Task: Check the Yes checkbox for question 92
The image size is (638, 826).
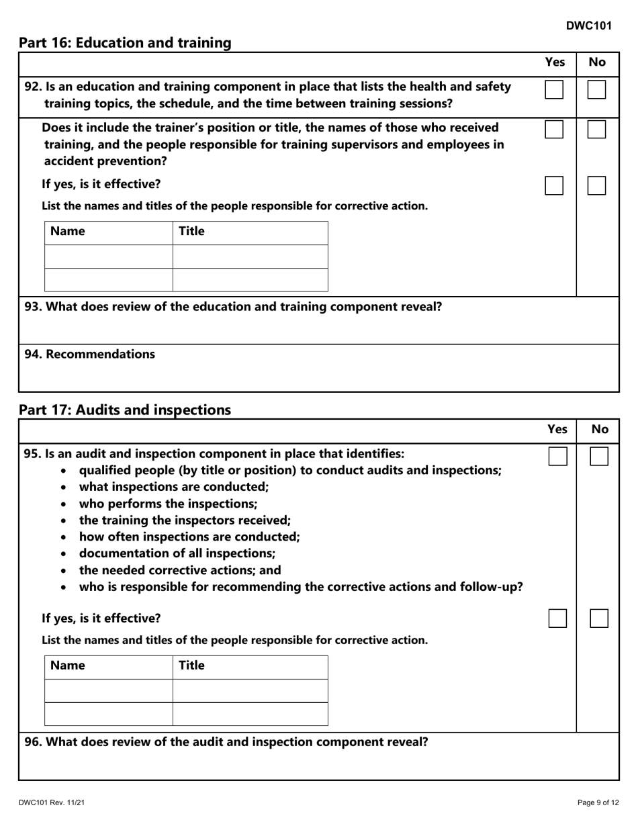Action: (554, 89)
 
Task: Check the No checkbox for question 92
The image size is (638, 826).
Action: (596, 89)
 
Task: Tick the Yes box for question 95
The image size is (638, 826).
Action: (557, 457)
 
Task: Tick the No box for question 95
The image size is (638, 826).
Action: (599, 457)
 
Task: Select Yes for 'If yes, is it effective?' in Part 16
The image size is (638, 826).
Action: (554, 185)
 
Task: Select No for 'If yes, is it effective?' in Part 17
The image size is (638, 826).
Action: (599, 618)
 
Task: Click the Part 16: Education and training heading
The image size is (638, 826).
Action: (125, 43)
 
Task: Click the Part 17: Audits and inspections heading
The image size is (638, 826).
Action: (124, 410)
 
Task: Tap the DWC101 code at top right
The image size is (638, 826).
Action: (588, 26)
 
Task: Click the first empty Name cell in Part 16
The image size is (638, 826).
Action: (109, 257)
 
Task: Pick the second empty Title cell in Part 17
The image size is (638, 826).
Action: (250, 714)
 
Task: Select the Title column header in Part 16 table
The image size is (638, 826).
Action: (191, 232)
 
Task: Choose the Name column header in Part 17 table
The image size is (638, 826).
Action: (68, 666)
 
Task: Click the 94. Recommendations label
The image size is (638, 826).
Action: (89, 354)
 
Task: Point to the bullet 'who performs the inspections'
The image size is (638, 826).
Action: (168, 504)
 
